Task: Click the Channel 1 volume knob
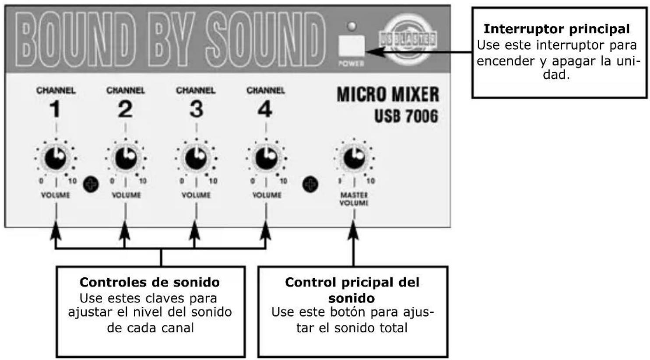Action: tap(56, 158)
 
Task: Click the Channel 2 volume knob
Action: tap(126, 158)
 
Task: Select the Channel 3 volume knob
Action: tap(196, 158)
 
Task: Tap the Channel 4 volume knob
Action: tap(266, 158)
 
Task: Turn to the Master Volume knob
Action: tap(354, 158)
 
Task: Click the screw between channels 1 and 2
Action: tap(91, 184)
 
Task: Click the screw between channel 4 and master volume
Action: tap(310, 184)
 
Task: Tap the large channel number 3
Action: tap(196, 109)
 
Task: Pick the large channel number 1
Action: tap(55, 109)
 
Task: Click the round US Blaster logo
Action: tap(408, 39)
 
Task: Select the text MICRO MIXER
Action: tap(387, 94)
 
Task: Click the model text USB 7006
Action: tap(406, 116)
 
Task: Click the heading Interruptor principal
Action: tap(556, 29)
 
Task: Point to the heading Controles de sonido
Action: tap(150, 282)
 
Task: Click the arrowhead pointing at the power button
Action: tap(372, 52)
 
